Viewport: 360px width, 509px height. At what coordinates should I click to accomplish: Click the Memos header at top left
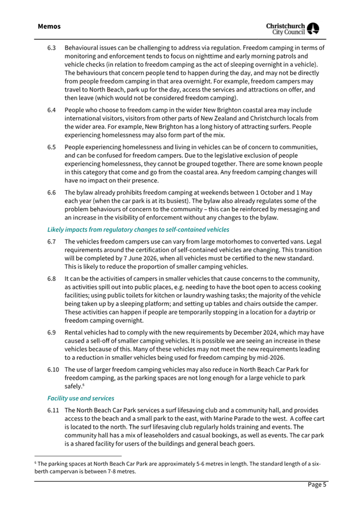[x=49, y=26]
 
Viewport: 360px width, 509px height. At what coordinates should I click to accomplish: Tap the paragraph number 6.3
[x=52, y=48]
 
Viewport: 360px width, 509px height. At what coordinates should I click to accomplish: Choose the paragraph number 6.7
[x=52, y=242]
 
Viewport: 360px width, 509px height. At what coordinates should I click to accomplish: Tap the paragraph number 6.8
[x=52, y=279]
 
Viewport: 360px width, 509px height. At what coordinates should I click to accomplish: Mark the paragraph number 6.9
[x=52, y=333]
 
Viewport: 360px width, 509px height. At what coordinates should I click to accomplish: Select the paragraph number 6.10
[x=53, y=369]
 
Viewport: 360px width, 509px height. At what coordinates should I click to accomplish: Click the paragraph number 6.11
[x=53, y=411]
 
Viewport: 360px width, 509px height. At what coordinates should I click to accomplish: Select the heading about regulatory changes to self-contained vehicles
[x=139, y=229]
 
